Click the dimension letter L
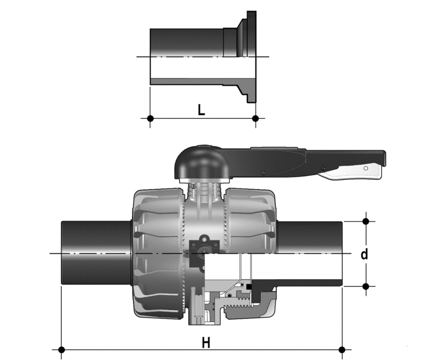[201, 110]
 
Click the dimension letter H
[206, 343]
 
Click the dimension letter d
[364, 254]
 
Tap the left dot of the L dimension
[150, 118]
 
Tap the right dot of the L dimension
[255, 118]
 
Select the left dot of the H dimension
[62, 350]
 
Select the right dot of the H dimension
[342, 350]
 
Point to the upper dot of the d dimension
[366, 221]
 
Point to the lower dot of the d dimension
[366, 286]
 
